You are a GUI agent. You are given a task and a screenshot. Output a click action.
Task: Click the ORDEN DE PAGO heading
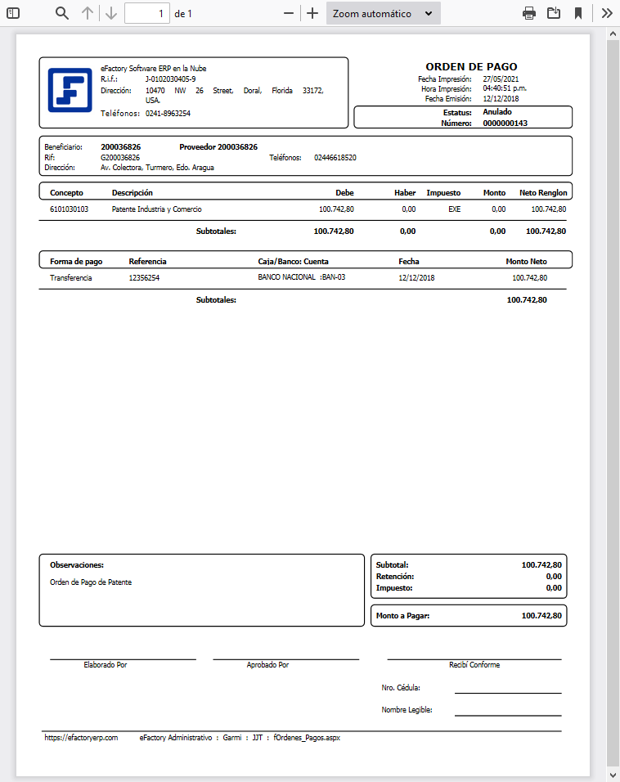(471, 66)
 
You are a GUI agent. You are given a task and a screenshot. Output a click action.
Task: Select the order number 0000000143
(505, 123)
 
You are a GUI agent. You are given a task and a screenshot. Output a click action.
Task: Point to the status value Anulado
(497, 112)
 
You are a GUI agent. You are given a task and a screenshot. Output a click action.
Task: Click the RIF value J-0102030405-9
(171, 79)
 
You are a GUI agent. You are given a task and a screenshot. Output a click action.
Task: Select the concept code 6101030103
(69, 209)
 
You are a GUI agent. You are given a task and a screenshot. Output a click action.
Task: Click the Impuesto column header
(443, 193)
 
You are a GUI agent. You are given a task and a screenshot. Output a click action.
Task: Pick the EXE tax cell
(454, 209)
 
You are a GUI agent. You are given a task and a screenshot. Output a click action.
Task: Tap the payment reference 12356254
(145, 278)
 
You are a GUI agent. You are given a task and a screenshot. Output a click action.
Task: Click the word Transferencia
(71, 278)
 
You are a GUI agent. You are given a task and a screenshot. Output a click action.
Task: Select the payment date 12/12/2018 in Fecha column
(417, 278)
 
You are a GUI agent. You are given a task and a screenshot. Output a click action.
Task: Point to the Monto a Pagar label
(402, 616)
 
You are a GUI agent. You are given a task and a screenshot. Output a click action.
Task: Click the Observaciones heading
(77, 564)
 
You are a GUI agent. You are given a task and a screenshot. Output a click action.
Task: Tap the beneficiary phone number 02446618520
(335, 157)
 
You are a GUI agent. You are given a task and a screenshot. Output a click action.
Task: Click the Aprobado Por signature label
(267, 665)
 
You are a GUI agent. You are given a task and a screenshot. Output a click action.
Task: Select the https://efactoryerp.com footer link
(81, 738)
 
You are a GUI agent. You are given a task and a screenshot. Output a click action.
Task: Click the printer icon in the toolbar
(529, 13)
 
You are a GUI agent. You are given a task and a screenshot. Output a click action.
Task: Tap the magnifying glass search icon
(62, 13)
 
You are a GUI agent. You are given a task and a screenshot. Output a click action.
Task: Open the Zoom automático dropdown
(383, 13)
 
